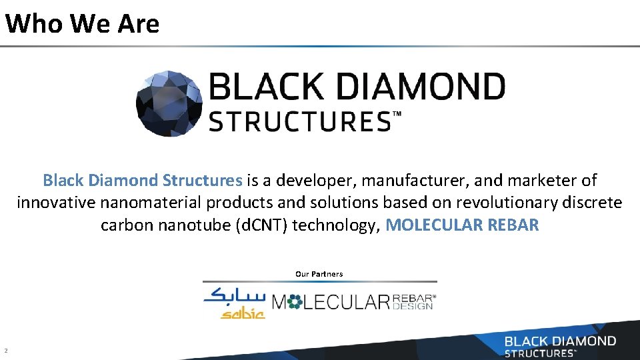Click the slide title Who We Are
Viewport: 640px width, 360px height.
click(82, 24)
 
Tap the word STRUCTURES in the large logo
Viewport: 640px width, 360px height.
click(299, 122)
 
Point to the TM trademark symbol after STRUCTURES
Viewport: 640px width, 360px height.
click(397, 115)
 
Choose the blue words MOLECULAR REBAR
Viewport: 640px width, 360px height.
click(462, 225)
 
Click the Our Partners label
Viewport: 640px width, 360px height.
click(319, 274)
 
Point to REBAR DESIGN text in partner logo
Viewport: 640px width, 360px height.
click(413, 302)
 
